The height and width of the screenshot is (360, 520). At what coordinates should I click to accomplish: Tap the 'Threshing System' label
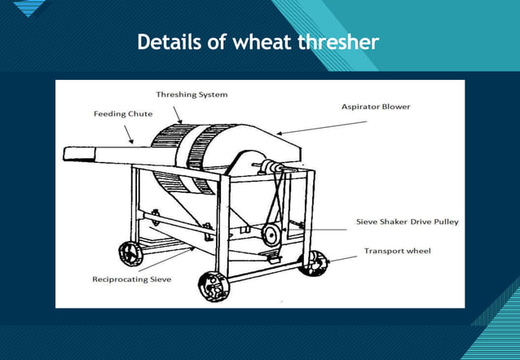[192, 94]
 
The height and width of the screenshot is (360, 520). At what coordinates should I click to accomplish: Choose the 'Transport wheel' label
[397, 251]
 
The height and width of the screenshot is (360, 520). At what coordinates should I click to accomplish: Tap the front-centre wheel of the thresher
[214, 285]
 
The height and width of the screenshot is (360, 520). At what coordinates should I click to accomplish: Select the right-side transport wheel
[314, 262]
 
